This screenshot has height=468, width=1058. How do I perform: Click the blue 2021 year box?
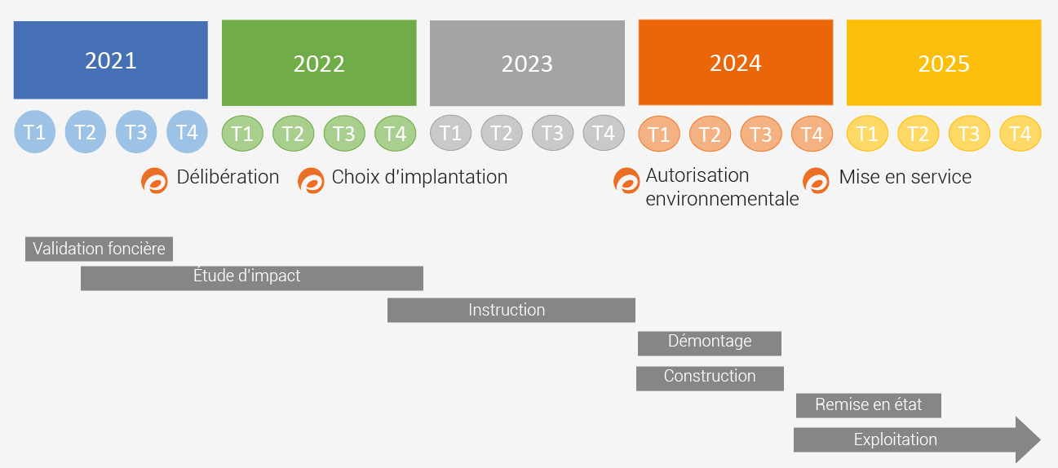(110, 60)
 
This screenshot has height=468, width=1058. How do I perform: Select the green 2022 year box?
(319, 63)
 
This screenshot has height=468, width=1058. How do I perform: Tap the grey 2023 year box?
(527, 63)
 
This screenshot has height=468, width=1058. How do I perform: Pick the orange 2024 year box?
(736, 62)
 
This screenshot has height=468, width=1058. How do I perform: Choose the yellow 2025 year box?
(944, 62)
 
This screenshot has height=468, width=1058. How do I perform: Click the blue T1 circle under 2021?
(34, 132)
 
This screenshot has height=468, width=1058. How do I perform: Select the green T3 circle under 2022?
(344, 133)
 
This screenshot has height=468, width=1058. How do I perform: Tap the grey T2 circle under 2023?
(502, 133)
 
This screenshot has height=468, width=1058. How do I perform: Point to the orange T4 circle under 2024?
(812, 134)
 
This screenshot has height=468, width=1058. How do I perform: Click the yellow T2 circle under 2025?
(919, 133)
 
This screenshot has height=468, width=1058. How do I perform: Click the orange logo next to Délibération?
(154, 180)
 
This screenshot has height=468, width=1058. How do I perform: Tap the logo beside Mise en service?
(817, 180)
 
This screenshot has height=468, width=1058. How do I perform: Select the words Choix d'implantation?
(419, 177)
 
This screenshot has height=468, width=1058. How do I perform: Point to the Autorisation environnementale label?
(722, 187)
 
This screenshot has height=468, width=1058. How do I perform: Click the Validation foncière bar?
(100, 249)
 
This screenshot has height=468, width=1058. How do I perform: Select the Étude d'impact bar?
(252, 278)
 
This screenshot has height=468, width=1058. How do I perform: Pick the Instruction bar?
(511, 311)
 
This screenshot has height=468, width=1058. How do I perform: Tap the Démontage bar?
(710, 343)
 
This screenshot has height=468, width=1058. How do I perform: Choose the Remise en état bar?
(869, 406)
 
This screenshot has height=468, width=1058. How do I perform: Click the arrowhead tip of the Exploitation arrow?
(1040, 439)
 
